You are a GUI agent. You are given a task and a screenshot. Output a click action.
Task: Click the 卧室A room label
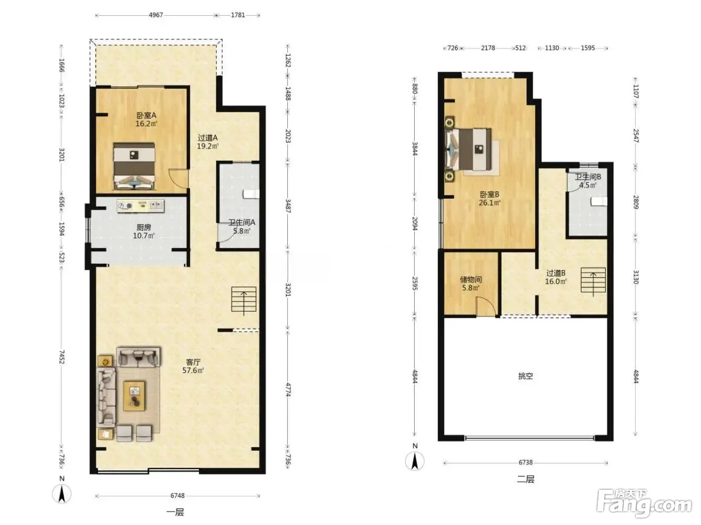[x=146, y=116]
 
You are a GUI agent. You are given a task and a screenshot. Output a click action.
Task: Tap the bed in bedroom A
[x=134, y=166]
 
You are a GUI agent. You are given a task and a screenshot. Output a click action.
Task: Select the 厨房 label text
[x=144, y=227]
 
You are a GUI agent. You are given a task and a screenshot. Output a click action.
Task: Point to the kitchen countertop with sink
[x=141, y=206]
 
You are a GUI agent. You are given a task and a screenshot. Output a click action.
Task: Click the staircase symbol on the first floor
[x=244, y=300]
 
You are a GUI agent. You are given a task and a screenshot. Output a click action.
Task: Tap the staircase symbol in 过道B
[x=593, y=281]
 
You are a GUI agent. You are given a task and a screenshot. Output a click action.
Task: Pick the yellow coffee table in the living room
[x=134, y=396]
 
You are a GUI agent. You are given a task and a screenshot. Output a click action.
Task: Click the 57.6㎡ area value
[x=193, y=370]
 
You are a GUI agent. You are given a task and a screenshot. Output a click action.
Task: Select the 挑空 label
[x=525, y=376]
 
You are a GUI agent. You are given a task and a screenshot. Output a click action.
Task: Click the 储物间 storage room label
[x=470, y=280]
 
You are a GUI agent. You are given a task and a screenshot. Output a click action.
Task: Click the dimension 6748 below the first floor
[x=177, y=496]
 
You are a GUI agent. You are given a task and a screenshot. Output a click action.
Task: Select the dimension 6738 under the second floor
[x=526, y=462]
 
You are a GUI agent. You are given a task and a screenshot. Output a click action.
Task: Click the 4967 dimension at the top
[x=156, y=15]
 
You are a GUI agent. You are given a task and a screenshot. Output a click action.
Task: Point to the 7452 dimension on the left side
[x=62, y=357]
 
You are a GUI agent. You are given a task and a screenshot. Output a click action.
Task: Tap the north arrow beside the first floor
[x=62, y=494]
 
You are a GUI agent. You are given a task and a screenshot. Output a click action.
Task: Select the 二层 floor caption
[x=525, y=479]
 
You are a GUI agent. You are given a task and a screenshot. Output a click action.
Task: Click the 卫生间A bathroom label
[x=242, y=222]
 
